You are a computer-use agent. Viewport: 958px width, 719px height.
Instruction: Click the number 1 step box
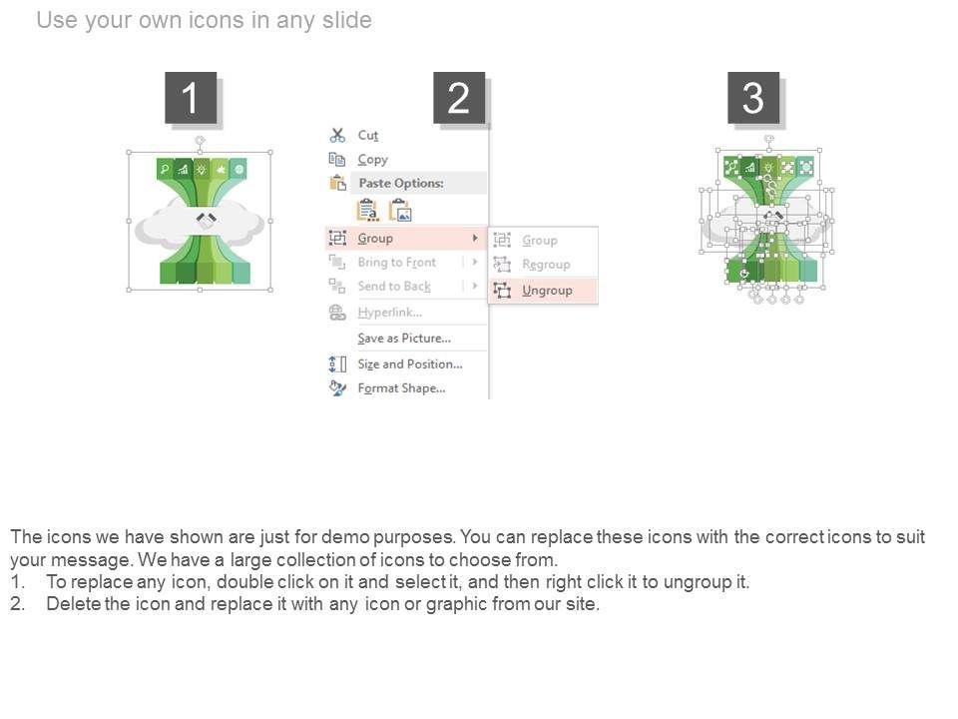click(191, 97)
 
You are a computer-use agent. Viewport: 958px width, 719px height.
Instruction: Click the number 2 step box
click(459, 97)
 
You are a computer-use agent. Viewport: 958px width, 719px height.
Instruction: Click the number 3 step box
click(752, 97)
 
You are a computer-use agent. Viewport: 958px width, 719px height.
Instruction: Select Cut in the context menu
click(368, 135)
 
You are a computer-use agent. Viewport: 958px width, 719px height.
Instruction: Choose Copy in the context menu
click(372, 160)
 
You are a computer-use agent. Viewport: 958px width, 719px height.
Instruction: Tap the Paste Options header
click(401, 183)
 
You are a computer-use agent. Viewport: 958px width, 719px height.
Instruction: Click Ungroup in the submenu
click(547, 291)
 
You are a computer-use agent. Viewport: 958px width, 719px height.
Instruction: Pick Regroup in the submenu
click(546, 264)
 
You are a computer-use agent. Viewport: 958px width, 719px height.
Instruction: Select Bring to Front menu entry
click(396, 263)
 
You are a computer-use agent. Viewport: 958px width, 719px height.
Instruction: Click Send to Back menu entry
click(394, 287)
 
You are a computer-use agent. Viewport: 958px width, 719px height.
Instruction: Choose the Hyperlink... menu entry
click(390, 313)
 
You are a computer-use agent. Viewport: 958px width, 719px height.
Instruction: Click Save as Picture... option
click(404, 339)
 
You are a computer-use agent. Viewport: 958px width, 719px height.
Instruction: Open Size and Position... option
click(410, 363)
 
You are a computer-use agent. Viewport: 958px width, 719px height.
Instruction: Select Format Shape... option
click(401, 388)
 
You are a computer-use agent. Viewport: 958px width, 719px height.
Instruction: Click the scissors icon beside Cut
click(337, 135)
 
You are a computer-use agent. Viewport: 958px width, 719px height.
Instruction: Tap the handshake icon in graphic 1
click(206, 219)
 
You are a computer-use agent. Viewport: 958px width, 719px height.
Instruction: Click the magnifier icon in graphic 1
click(165, 170)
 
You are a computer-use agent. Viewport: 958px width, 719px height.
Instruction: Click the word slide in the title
click(346, 20)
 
